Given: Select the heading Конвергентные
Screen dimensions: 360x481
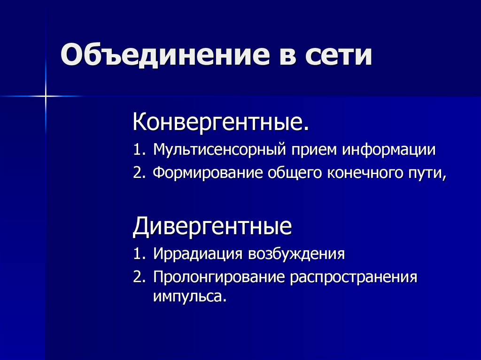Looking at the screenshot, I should click(x=221, y=123).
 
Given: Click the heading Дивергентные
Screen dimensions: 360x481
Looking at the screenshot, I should click(x=212, y=227).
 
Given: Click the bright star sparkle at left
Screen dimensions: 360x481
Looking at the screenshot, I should click(x=46, y=96).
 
